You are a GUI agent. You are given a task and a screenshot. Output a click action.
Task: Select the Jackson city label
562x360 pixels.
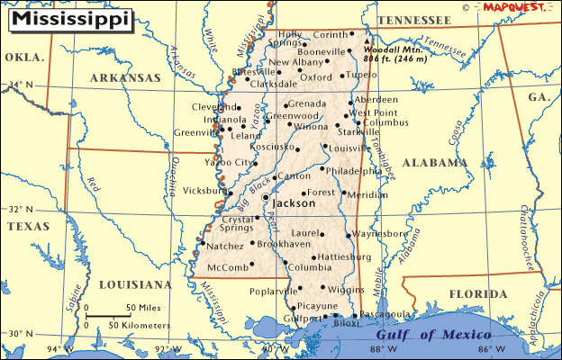[294, 203]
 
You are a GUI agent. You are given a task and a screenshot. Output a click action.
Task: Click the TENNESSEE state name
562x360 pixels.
[413, 20]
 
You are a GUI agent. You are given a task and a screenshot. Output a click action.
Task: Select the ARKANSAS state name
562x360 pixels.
[125, 78]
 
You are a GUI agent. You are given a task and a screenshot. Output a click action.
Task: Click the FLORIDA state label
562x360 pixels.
[478, 293]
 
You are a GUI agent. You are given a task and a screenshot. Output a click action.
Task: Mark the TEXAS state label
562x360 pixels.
[28, 227]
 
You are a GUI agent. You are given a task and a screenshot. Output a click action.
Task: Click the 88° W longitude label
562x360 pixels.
[383, 349]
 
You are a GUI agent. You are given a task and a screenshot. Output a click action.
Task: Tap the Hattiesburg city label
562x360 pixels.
[345, 256]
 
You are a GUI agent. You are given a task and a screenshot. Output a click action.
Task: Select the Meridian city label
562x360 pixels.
[367, 194]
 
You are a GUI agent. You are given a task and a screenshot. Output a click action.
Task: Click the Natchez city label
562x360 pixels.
[224, 246]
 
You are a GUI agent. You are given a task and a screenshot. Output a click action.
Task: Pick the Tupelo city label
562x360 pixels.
[361, 75]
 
